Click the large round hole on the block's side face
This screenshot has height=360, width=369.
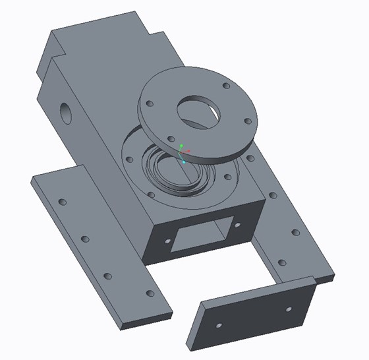(67, 112)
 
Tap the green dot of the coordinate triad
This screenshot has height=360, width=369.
(181, 144)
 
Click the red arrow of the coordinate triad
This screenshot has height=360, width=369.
(187, 152)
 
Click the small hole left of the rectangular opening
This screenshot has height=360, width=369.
(165, 243)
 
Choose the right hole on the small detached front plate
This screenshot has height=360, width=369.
(288, 308)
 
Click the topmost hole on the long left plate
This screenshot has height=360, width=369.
(63, 201)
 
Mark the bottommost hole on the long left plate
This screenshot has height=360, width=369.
(150, 293)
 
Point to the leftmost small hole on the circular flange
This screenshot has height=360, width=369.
(150, 104)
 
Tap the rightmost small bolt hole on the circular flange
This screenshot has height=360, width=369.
(247, 121)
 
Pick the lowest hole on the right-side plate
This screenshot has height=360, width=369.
(282, 262)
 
